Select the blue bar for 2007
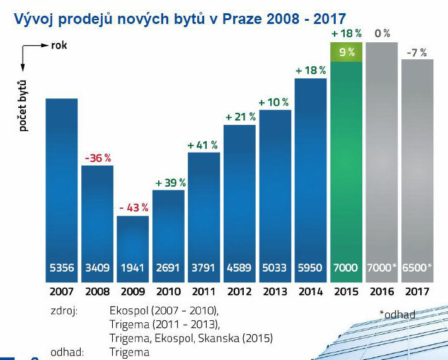coord(61,183)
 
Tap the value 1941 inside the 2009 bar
coord(132,268)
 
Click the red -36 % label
coord(98,157)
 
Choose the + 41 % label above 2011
coord(204,145)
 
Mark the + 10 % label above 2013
coord(275,102)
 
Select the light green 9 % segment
coord(347,52)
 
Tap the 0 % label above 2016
coord(382,33)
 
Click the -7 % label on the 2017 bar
coord(417,52)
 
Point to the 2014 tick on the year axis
coord(311,292)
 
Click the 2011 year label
coord(204,292)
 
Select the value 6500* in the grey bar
coord(417,268)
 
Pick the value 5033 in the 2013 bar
coord(275,268)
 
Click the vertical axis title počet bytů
coord(23,105)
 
